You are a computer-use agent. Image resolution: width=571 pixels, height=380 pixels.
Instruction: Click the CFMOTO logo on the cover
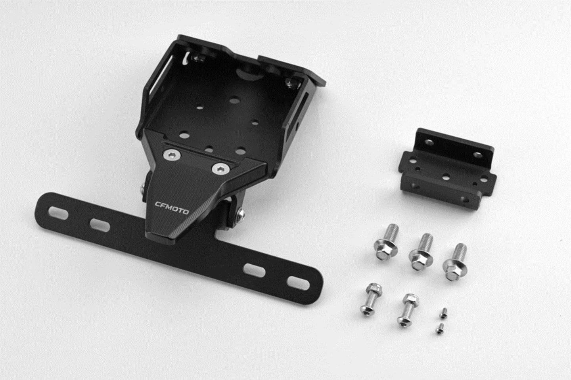point(172,208)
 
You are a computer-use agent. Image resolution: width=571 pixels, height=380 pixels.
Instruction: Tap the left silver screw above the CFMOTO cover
point(172,155)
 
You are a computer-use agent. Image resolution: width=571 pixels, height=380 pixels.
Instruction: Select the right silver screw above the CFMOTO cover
point(221,169)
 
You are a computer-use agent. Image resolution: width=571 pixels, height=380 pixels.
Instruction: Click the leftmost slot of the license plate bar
point(58,213)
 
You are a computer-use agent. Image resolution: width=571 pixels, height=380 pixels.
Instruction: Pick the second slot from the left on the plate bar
point(100,225)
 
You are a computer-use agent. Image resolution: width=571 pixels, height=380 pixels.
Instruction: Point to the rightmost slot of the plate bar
point(298,283)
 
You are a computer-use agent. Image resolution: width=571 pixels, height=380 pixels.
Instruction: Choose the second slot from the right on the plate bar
point(254,271)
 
